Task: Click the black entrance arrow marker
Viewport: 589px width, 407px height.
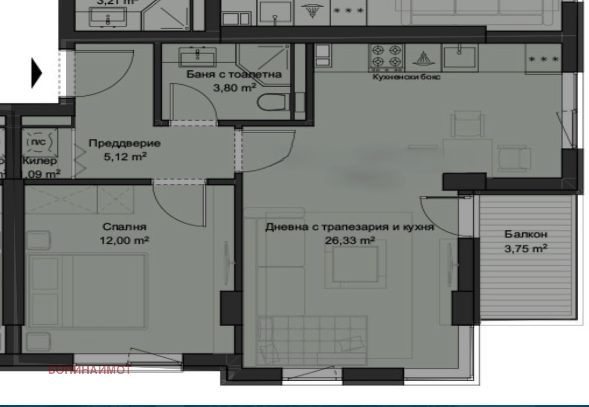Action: pyautogui.click(x=36, y=73)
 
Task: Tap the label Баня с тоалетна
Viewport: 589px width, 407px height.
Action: pyautogui.click(x=234, y=74)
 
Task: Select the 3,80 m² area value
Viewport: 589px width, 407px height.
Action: pyautogui.click(x=234, y=88)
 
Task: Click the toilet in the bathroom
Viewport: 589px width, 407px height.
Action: pyautogui.click(x=273, y=102)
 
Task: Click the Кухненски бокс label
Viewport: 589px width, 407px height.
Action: pyautogui.click(x=406, y=77)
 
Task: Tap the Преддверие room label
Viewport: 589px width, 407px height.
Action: pyautogui.click(x=124, y=143)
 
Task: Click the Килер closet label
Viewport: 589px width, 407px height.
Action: pyautogui.click(x=40, y=161)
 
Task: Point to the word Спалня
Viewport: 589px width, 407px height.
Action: pyautogui.click(x=124, y=227)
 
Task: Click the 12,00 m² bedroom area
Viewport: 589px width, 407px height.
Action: pyautogui.click(x=124, y=241)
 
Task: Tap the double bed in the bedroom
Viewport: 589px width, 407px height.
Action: pyautogui.click(x=88, y=291)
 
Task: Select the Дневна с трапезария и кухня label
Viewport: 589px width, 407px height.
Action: pyautogui.click(x=349, y=227)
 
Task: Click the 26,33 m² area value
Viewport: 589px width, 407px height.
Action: pyautogui.click(x=350, y=241)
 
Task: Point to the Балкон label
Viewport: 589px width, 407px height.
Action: pyautogui.click(x=526, y=234)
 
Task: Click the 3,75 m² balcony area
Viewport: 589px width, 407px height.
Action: pyautogui.click(x=526, y=249)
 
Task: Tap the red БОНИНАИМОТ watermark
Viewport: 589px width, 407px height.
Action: pyautogui.click(x=89, y=370)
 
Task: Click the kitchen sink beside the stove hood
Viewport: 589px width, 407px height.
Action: pyautogui.click(x=459, y=57)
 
